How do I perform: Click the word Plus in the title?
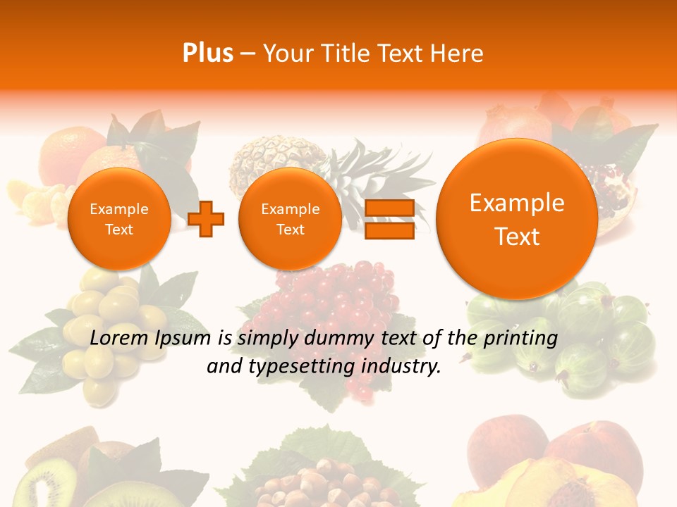point(207,54)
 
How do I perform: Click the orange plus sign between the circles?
point(207,219)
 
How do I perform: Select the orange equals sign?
point(389,219)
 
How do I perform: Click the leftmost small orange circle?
point(119,219)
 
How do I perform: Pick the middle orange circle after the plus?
point(290,219)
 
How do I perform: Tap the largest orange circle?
point(517,219)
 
